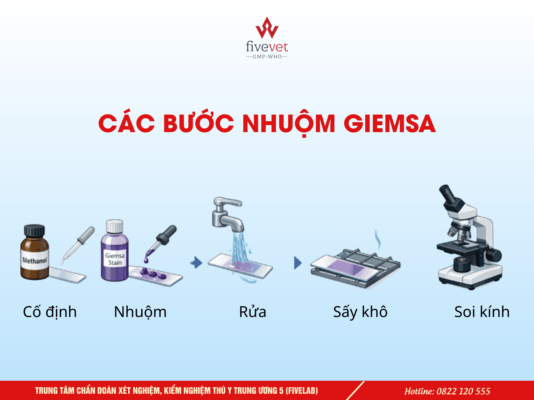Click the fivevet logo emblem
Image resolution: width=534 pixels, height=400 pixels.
[267, 28]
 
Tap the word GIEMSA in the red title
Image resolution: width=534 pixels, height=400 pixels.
[390, 124]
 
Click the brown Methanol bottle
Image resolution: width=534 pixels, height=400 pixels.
[35, 252]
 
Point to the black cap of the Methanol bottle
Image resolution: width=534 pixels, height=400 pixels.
[34, 231]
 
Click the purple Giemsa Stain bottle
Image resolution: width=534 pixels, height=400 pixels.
[115, 251]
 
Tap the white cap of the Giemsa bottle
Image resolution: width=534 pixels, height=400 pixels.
[115, 226]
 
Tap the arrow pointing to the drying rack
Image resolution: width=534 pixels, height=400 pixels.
[298, 263]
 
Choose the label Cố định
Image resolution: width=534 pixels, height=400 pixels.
[50, 312]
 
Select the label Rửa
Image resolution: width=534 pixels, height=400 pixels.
[253, 311]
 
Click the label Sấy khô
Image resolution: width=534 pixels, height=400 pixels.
[360, 312]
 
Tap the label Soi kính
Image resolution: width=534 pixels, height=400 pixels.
[482, 312]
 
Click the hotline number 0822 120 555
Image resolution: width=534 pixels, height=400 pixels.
[463, 391]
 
